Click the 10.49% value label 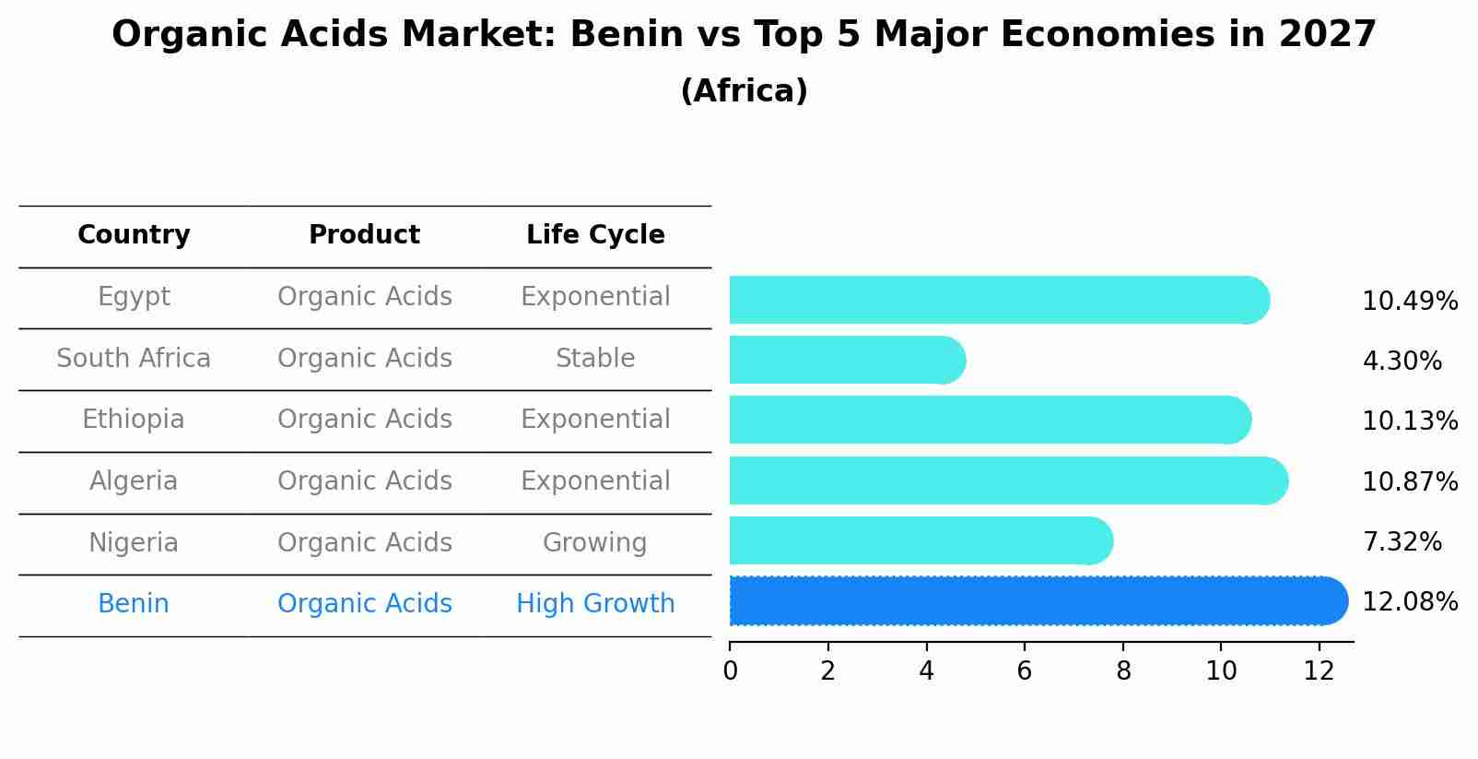click(1409, 302)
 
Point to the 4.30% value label click(1402, 361)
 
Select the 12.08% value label click(1409, 602)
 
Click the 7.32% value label click(1402, 541)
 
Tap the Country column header click(134, 235)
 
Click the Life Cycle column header click(595, 235)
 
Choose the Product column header click(364, 235)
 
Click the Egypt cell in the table click(134, 297)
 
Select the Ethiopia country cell click(134, 420)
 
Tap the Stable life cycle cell click(595, 359)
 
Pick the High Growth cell click(595, 604)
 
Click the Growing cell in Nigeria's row click(595, 543)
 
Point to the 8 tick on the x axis click(1123, 671)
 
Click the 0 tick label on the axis click(731, 671)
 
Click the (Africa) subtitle click(744, 91)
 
